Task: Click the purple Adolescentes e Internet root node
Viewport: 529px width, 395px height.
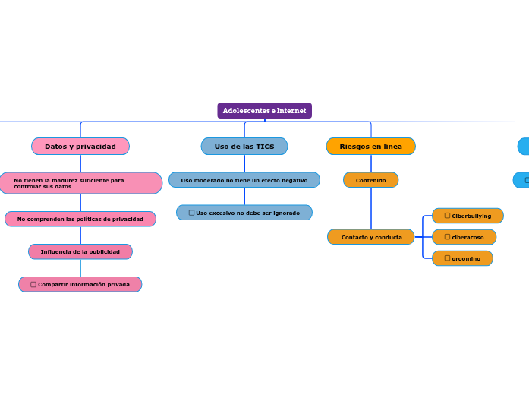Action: [264, 111]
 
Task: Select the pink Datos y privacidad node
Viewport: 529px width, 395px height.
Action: [80, 146]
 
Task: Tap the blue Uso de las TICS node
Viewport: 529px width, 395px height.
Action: [244, 146]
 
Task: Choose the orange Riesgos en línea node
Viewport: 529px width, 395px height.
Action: [370, 146]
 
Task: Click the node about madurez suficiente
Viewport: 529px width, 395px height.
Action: [80, 183]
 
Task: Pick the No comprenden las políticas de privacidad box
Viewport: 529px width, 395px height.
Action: [80, 219]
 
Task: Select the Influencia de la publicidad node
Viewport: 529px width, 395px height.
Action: [80, 251]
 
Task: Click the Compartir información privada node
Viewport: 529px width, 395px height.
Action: [80, 284]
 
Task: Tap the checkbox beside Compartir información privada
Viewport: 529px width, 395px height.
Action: [33, 284]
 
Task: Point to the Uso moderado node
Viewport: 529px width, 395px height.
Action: [244, 180]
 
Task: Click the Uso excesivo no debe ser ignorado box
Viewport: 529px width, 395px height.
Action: [244, 213]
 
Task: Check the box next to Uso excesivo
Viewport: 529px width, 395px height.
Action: [191, 213]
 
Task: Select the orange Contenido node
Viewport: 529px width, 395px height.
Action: [370, 180]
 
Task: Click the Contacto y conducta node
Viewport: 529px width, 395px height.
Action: [371, 237]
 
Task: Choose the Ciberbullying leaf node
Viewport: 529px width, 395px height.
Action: [468, 216]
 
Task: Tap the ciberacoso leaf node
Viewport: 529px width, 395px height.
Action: [464, 237]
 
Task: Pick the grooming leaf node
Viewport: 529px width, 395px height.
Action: [462, 258]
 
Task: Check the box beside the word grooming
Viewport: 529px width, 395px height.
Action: [447, 258]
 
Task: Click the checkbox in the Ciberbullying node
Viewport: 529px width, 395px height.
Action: [447, 216]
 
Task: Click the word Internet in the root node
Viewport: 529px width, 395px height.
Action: [291, 111]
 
